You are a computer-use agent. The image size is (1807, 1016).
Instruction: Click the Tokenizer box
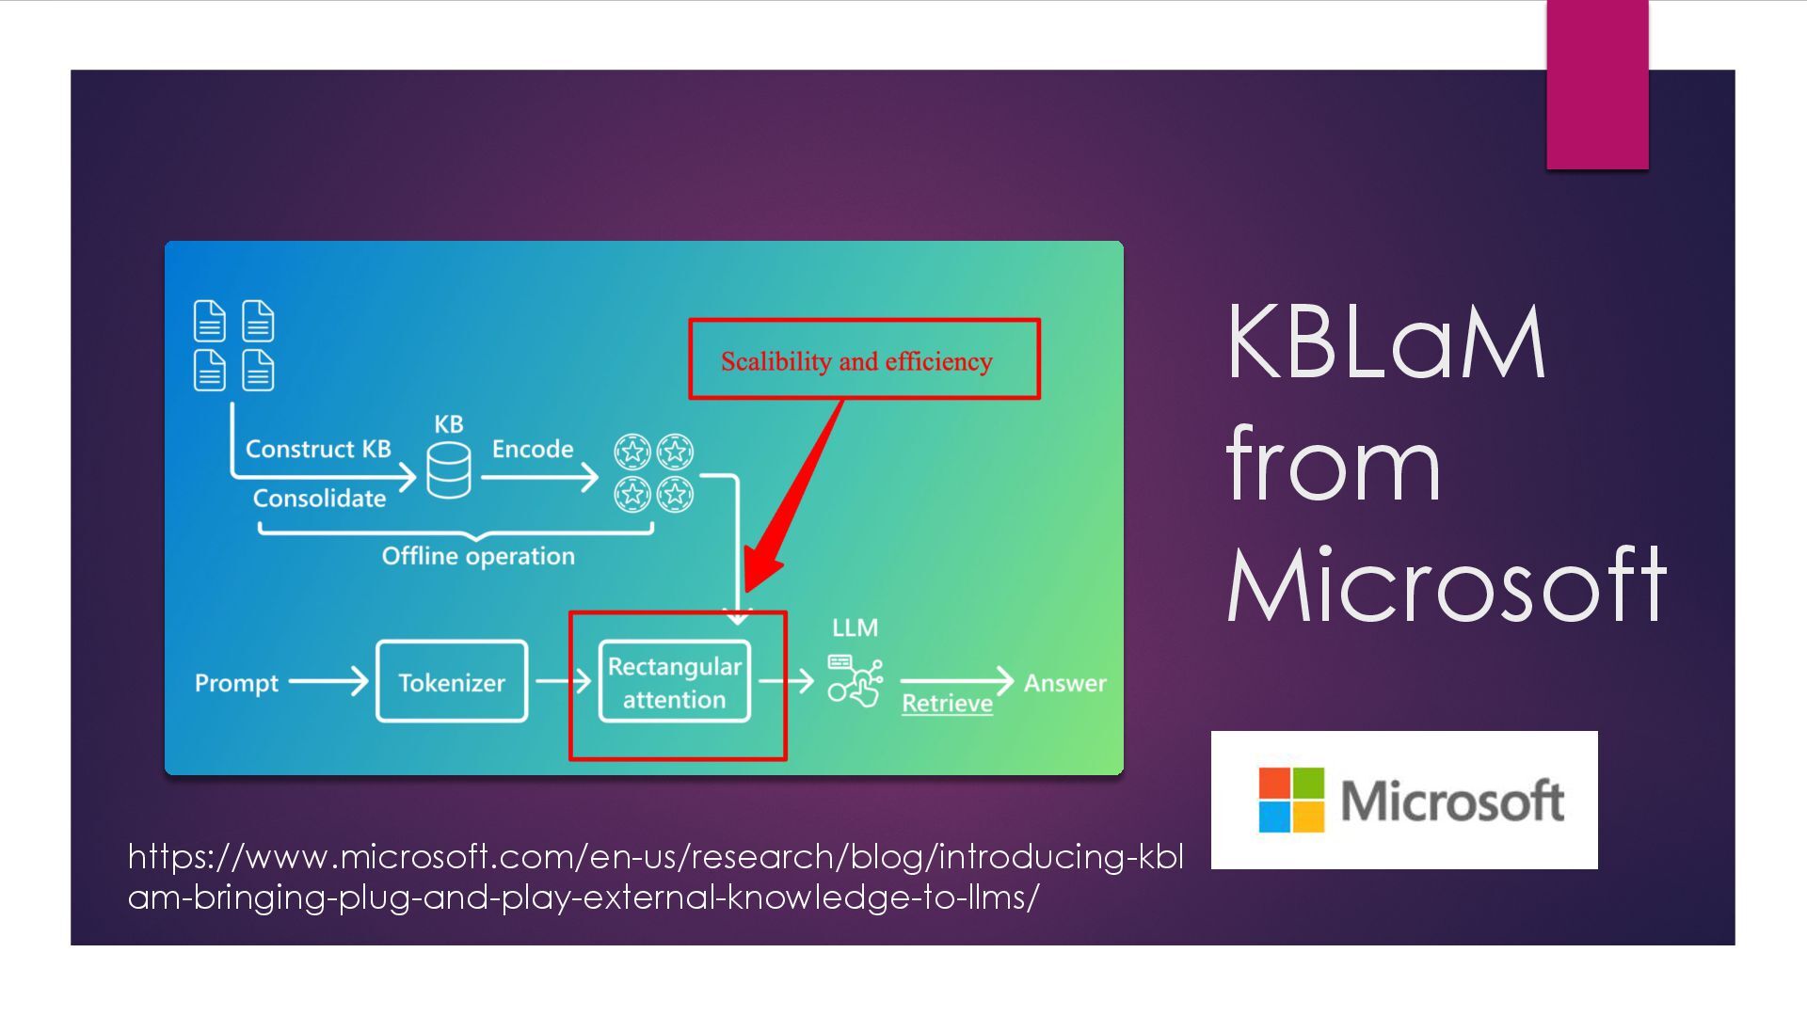click(x=452, y=682)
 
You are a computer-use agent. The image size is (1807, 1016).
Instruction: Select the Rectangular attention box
click(x=675, y=683)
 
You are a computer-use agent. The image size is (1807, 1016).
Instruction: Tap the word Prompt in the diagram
click(x=236, y=683)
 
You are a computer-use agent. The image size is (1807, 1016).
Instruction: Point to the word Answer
click(x=1064, y=683)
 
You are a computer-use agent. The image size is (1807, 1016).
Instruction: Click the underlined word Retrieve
click(x=947, y=704)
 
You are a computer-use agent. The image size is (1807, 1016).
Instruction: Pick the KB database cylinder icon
click(x=449, y=470)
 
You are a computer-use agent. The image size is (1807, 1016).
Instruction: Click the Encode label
click(x=533, y=449)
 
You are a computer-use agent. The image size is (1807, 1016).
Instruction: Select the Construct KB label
click(x=318, y=449)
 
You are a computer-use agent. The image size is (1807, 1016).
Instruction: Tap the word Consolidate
click(x=319, y=498)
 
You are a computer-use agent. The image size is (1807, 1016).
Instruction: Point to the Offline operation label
click(x=478, y=556)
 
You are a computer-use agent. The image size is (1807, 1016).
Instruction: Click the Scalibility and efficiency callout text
click(x=856, y=361)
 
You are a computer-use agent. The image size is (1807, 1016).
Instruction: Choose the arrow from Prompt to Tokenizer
click(x=328, y=681)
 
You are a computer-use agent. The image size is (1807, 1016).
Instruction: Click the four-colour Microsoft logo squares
click(x=1291, y=800)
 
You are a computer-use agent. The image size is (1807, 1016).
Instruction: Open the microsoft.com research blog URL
click(x=655, y=876)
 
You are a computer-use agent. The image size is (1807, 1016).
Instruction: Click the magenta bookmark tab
click(x=1597, y=85)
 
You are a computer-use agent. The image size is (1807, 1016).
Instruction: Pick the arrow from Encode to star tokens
click(x=539, y=477)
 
